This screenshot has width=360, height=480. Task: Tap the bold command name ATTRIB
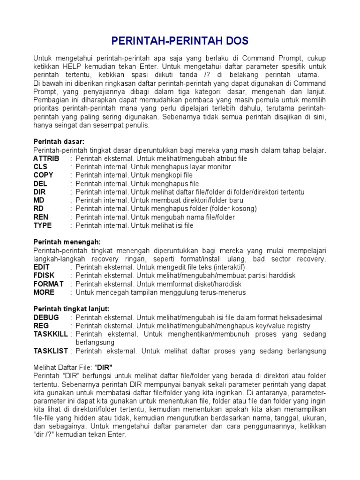pyautogui.click(x=46, y=158)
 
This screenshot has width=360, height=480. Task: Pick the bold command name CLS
pyautogui.click(x=40, y=167)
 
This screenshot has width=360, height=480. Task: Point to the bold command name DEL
pyautogui.click(x=40, y=184)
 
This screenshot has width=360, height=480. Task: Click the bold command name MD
pyautogui.click(x=39, y=200)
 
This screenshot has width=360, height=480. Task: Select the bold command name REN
pyautogui.click(x=41, y=217)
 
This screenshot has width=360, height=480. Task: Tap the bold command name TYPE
pyautogui.click(x=43, y=225)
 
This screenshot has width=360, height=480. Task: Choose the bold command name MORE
pyautogui.click(x=44, y=292)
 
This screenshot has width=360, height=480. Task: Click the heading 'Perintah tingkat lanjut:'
pyautogui.click(x=72, y=309)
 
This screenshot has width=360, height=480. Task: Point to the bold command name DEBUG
pyautogui.click(x=46, y=317)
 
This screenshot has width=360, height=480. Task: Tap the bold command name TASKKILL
pyautogui.click(x=51, y=334)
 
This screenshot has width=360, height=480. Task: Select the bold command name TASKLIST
pyautogui.click(x=51, y=351)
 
